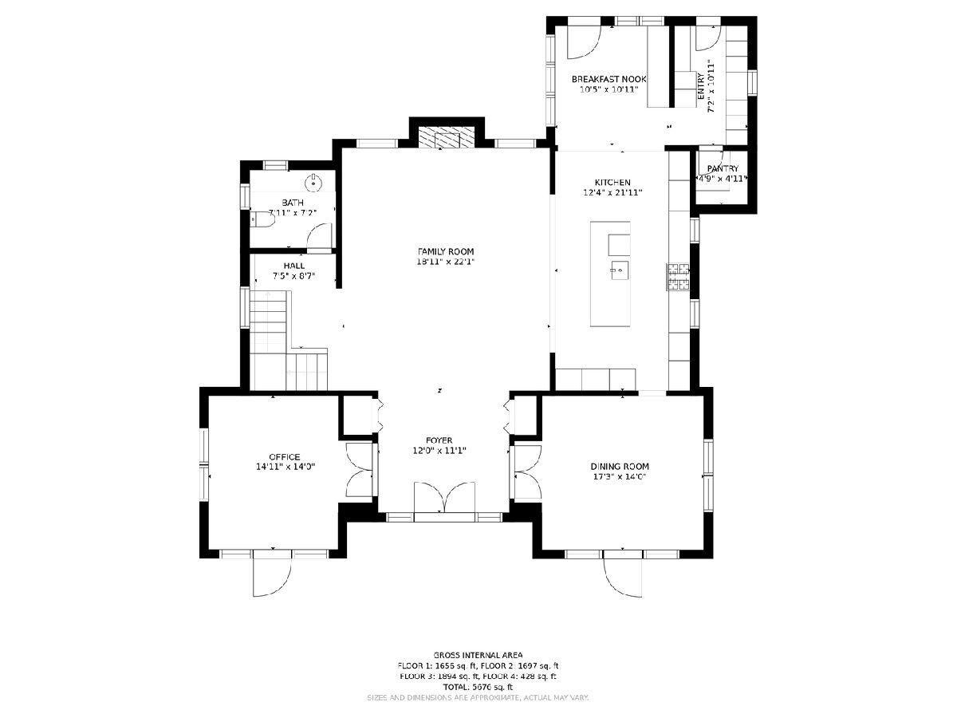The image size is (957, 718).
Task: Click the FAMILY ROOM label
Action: pyautogui.click(x=445, y=251)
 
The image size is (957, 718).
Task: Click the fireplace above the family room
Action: pyautogui.click(x=447, y=138)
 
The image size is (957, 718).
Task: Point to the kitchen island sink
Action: pyautogui.click(x=620, y=270)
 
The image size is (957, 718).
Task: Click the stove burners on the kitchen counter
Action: pyautogui.click(x=678, y=277)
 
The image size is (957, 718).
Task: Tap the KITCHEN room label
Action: pyautogui.click(x=612, y=182)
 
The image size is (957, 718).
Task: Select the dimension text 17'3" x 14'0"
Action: pyautogui.click(x=618, y=476)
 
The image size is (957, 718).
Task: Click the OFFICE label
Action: pyautogui.click(x=284, y=457)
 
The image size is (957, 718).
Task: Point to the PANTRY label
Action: pyautogui.click(x=723, y=168)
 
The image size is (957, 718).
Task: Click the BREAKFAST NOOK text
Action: pyautogui.click(x=608, y=79)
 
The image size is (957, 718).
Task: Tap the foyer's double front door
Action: pyautogui.click(x=444, y=497)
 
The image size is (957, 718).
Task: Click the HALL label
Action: pyautogui.click(x=293, y=266)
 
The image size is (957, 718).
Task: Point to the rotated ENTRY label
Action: pyautogui.click(x=701, y=86)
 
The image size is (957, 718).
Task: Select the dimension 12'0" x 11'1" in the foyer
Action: pyautogui.click(x=439, y=450)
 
